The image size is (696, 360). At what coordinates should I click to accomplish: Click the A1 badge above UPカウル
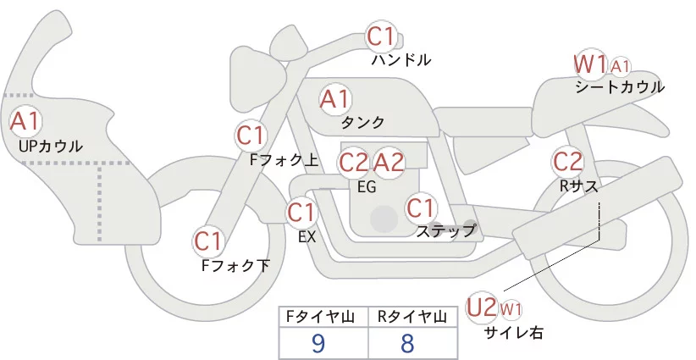point(25,121)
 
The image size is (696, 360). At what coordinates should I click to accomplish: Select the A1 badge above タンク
point(334,99)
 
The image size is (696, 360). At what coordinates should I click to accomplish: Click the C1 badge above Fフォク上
point(251,135)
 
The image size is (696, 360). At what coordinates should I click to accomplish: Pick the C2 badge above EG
point(353,162)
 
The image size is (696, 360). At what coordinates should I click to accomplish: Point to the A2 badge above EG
point(389,162)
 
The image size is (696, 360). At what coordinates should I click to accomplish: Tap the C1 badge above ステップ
point(421,207)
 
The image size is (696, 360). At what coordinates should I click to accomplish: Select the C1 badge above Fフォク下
point(208,241)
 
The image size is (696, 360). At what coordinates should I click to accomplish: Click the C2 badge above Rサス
point(567,161)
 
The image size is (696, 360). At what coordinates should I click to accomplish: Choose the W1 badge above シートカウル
point(590,64)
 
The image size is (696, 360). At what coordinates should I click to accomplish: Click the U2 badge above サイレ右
point(481,307)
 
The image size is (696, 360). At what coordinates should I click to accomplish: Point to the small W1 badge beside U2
point(511,308)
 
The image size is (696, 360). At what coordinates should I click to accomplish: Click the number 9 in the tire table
point(318,342)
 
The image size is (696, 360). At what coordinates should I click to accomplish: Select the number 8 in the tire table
point(408,342)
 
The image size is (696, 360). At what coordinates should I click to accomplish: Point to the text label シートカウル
point(620,87)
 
